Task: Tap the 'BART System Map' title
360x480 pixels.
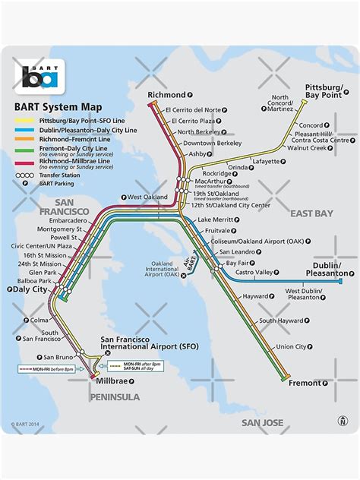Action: coord(58,108)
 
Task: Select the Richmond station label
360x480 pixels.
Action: coord(165,96)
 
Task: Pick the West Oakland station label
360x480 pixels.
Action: coord(147,197)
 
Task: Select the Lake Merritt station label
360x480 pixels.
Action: coord(215,219)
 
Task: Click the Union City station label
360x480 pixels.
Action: coord(291,347)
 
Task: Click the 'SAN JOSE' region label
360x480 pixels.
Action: coord(262,422)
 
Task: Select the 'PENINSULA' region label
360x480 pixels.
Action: coord(115,396)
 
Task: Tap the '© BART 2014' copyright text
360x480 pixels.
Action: coord(25,425)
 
